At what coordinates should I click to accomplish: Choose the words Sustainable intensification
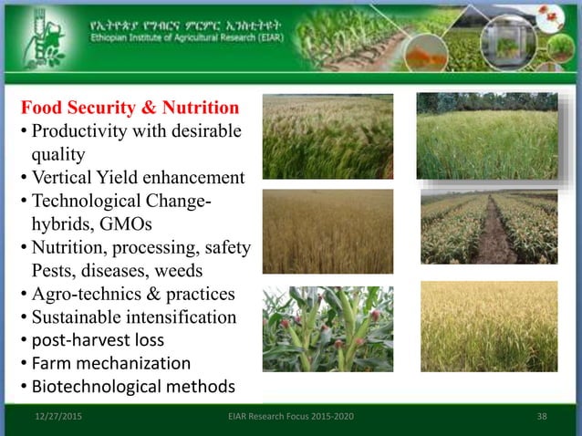134,317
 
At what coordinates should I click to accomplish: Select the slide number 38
543,418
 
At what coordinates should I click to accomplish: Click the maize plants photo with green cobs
327,329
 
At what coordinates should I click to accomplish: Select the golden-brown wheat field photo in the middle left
327,231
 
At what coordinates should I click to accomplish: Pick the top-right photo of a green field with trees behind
487,135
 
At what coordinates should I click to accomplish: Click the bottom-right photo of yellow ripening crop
488,326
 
